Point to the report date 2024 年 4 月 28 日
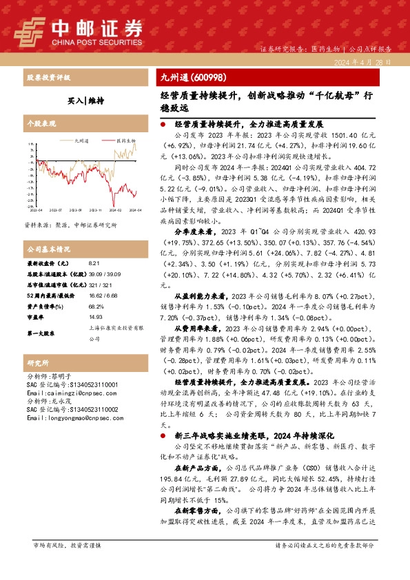364,62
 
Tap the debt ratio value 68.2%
96,307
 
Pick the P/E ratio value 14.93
96,318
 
